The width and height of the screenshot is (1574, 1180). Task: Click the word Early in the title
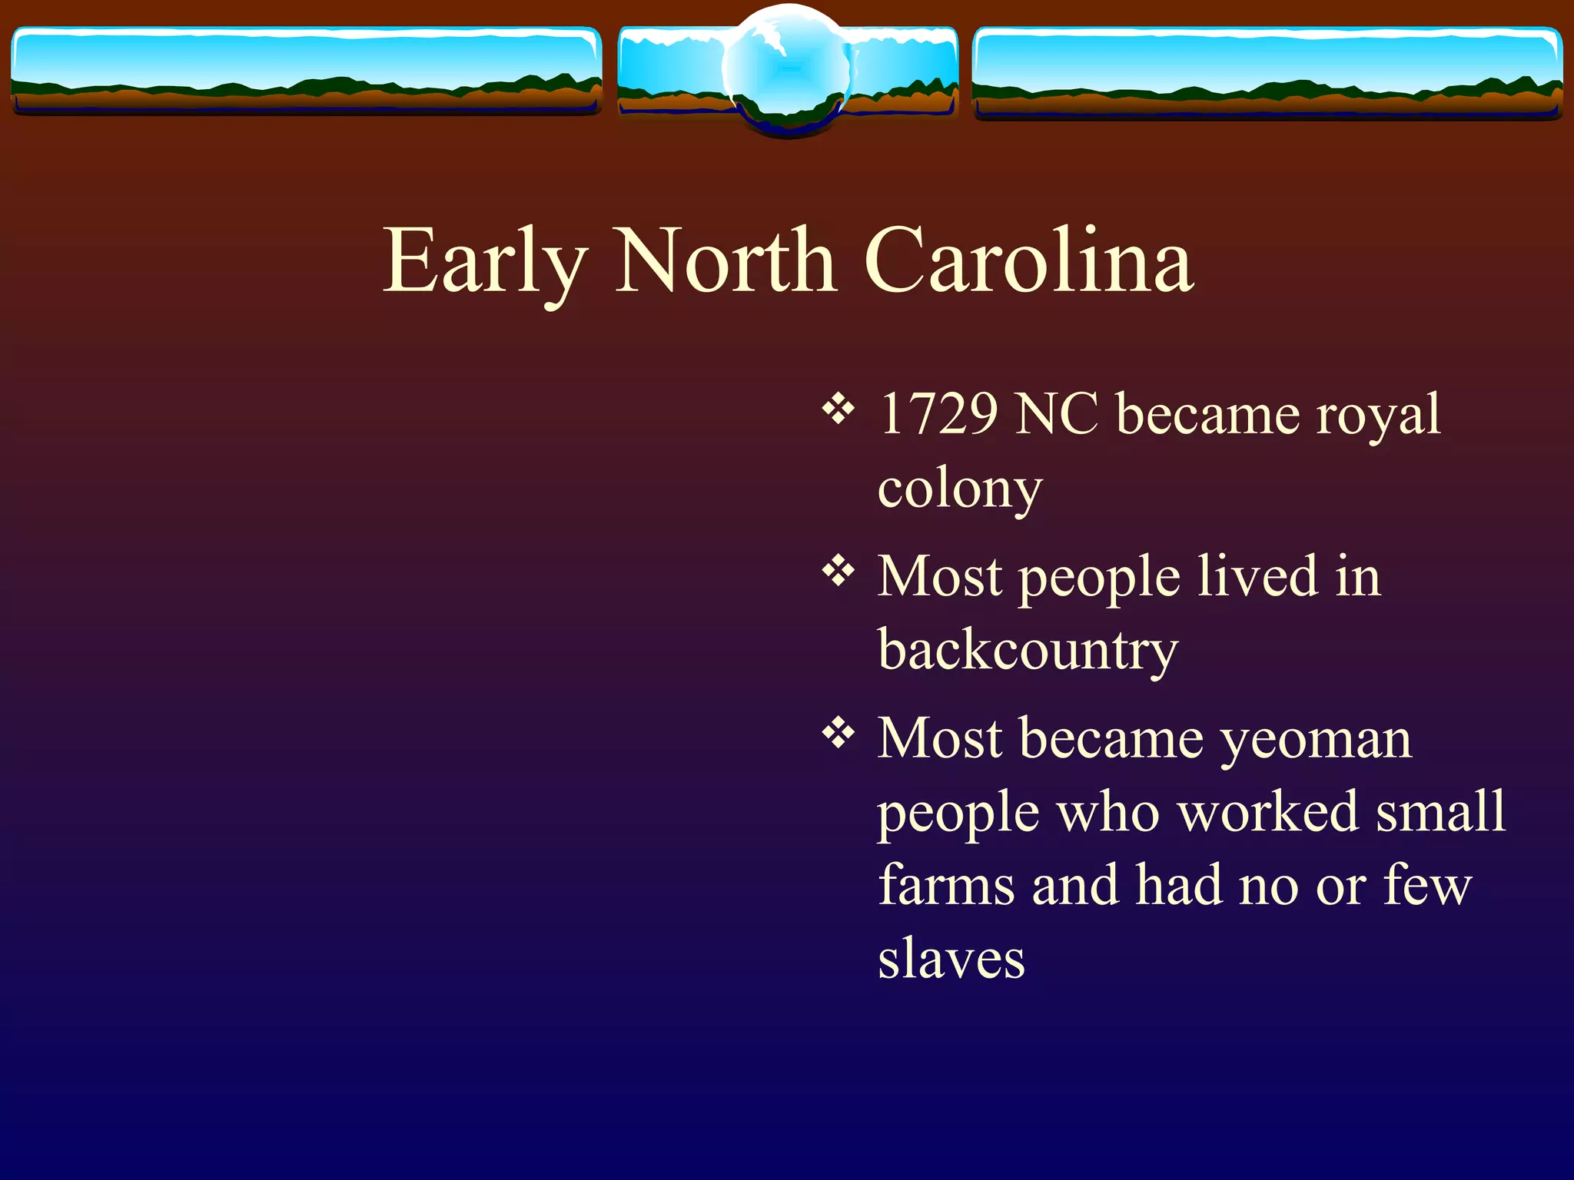coord(484,261)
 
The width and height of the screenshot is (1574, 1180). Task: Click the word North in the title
coord(726,261)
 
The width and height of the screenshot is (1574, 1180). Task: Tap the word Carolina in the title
coord(1029,261)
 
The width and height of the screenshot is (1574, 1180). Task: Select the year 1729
coord(938,414)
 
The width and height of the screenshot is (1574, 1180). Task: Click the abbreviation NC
coord(1057,414)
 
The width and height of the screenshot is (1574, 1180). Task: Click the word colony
coord(960,489)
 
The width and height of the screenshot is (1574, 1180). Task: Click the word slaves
coord(951,959)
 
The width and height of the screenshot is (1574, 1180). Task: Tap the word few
coord(1427,885)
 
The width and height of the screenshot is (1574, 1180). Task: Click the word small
coord(1440,811)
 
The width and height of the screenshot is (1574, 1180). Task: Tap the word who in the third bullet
coord(1107,811)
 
